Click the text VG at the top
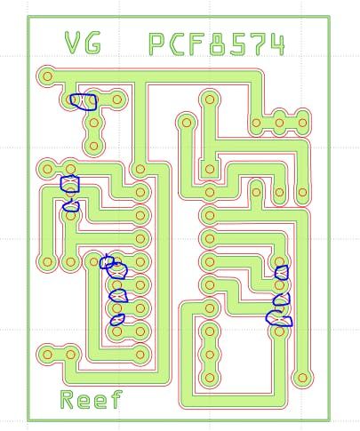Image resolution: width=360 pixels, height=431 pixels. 83,43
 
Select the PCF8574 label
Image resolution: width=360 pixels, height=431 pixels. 217,44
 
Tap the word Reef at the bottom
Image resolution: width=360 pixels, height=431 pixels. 92,399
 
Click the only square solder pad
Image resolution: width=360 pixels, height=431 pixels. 210,170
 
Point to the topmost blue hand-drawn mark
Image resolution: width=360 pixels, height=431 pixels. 84,102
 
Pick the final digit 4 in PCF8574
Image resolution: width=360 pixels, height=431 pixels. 277,45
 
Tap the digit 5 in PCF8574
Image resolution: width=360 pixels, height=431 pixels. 238,44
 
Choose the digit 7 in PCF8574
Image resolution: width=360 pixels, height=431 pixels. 258,44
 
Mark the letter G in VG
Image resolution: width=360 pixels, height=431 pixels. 93,43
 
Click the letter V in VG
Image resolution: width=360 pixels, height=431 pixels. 73,43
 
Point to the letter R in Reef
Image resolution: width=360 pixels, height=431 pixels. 67,400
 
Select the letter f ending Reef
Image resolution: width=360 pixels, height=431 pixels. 116,399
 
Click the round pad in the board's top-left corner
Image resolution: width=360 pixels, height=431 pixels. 47,76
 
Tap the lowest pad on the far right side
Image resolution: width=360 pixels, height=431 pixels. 302,378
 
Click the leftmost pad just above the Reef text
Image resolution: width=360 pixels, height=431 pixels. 47,355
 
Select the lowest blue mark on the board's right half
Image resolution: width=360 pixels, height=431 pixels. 279,320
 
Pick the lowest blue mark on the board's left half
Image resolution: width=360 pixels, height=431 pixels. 117,320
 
